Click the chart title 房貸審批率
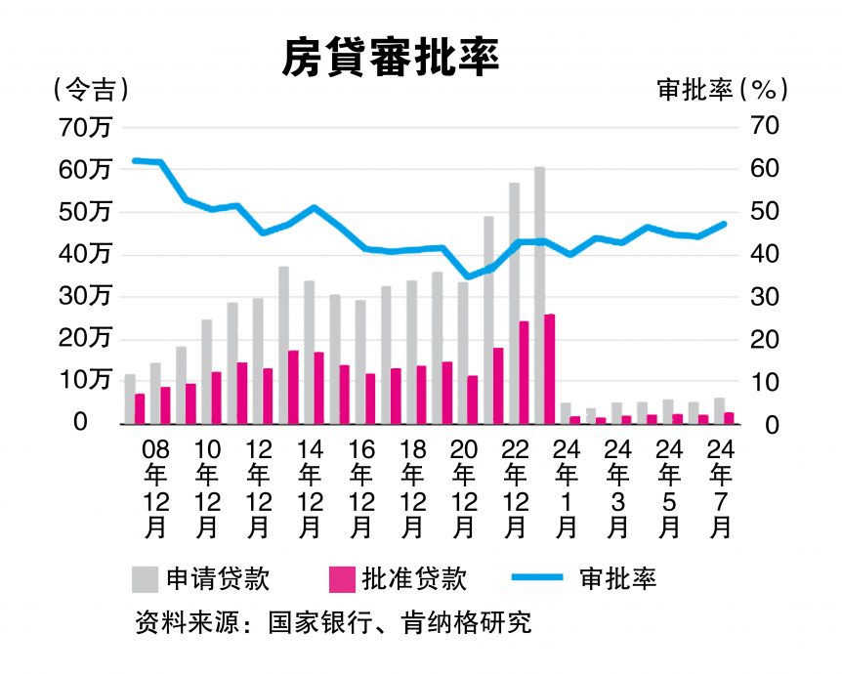coord(391,58)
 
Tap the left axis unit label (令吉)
coord(92,89)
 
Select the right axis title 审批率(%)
coord(722,89)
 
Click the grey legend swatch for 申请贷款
coord(145,578)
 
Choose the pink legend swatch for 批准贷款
coord(344,578)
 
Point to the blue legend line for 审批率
coord(536,578)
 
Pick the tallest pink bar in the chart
coord(549,369)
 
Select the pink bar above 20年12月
coord(473,400)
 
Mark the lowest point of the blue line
coord(468,277)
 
